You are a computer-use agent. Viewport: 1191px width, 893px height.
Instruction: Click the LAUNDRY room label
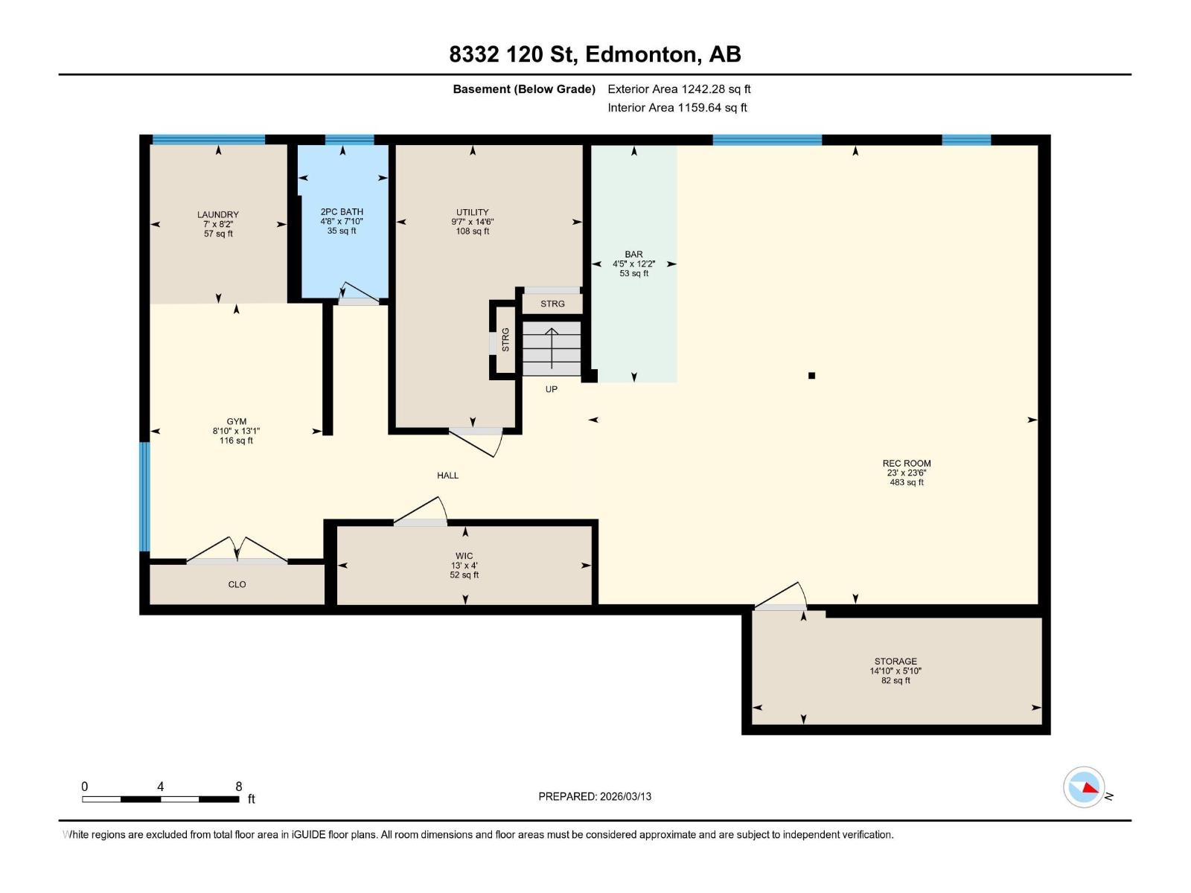click(x=218, y=214)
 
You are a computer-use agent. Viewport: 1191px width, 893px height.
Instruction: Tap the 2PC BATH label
click(x=342, y=212)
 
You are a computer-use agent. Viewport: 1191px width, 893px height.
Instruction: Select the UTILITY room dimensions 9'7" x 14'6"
click(x=472, y=222)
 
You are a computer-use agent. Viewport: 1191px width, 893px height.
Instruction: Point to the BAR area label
click(x=633, y=255)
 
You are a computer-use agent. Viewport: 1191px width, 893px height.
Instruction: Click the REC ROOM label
click(x=907, y=463)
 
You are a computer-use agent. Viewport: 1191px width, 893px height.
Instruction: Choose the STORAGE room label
click(x=895, y=661)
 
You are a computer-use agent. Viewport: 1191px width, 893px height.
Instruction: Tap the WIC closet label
click(x=464, y=556)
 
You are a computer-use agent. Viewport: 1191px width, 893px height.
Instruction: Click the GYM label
click(x=237, y=421)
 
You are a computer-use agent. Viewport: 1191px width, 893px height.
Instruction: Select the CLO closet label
click(x=237, y=585)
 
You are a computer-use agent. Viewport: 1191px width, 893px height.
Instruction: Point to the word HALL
click(x=447, y=476)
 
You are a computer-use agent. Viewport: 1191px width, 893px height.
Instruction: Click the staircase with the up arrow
click(x=552, y=348)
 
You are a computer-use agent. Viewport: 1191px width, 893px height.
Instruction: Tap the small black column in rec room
click(x=811, y=376)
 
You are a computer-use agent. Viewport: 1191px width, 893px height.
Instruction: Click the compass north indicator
click(x=1084, y=787)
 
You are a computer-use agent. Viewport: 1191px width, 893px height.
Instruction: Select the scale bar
click(x=160, y=799)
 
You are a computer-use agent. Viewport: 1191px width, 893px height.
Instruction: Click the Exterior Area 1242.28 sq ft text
click(x=679, y=89)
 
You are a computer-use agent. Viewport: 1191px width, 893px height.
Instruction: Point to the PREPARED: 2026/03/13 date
click(x=595, y=796)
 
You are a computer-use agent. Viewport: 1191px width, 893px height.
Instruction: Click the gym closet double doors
click(x=237, y=551)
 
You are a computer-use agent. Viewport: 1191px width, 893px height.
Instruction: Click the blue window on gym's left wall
click(x=144, y=497)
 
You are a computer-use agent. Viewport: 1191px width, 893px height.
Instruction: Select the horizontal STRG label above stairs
click(x=552, y=304)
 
